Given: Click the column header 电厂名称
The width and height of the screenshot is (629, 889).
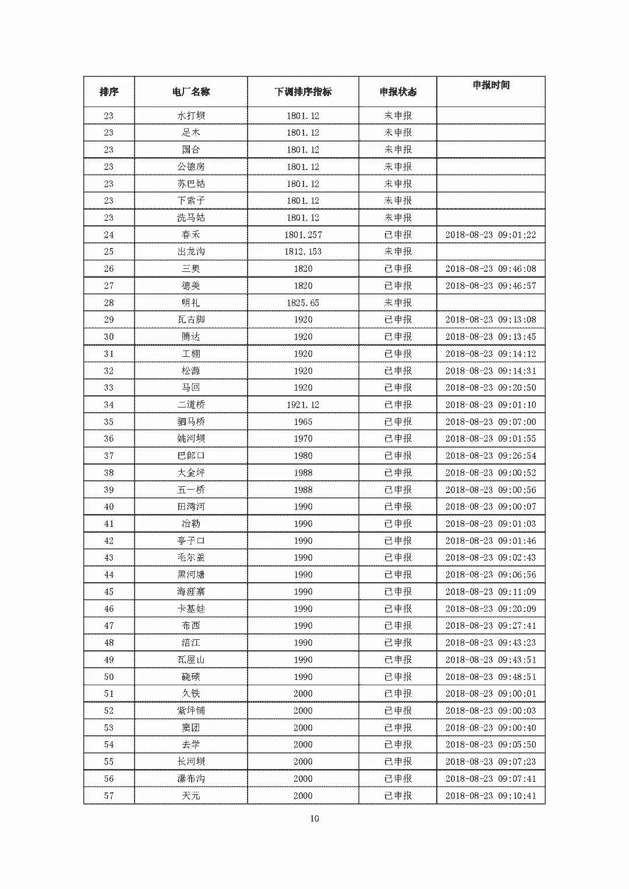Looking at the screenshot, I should pos(191,92).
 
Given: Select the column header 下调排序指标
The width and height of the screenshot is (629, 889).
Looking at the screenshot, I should pos(303,92).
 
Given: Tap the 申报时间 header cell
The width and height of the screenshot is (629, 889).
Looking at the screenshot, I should pos(491,85).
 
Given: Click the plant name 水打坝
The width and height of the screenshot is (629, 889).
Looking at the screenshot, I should pos(191,116).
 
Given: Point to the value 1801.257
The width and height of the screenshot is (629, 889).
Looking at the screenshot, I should pos(303,235).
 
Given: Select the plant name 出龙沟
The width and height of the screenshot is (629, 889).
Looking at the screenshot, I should pos(191,252).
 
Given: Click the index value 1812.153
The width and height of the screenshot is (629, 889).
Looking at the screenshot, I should pos(303,252).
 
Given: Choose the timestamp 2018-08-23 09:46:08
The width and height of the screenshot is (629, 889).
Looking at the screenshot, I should pos(490,268).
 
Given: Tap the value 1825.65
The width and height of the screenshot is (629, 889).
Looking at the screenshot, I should pos(303,303).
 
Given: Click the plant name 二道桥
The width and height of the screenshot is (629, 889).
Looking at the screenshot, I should pos(191,405).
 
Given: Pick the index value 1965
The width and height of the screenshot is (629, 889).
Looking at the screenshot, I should pos(303,422).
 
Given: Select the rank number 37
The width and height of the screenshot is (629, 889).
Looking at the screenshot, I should pos(109,456).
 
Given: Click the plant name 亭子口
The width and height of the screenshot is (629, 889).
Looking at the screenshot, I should pos(191,541).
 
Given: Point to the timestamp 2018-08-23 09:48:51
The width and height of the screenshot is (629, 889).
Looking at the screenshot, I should pos(490,677).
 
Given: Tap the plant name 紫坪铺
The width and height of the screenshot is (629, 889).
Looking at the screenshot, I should pos(191,711).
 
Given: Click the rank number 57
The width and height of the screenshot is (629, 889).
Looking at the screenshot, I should pos(109,796).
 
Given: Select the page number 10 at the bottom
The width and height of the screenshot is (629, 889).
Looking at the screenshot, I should pos(314,819).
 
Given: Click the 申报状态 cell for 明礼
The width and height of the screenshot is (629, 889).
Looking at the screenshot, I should pos(398,303).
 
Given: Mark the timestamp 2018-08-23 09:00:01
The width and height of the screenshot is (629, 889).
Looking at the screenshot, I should pos(490,693).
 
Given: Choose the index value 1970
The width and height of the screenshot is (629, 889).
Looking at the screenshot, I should pos(303,438).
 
